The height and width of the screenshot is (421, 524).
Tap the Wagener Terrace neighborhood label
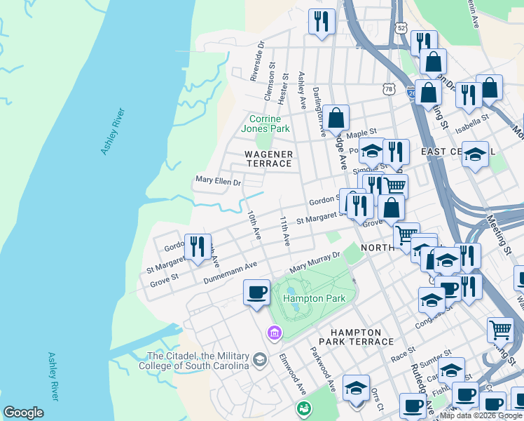click(268, 159)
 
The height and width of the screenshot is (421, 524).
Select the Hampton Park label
click(305, 298)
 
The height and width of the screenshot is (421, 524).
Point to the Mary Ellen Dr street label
click(218, 182)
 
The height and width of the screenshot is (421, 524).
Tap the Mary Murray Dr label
click(315, 263)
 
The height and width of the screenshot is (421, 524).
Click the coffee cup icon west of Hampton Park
click(256, 291)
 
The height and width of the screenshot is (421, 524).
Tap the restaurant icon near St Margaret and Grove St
click(198, 246)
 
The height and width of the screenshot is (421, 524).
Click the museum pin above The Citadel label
click(274, 331)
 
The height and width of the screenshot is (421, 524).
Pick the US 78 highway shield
click(388, 88)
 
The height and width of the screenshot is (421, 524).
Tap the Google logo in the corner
click(23, 413)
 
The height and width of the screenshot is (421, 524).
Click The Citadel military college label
click(198, 361)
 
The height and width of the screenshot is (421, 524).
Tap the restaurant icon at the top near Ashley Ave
click(322, 21)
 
